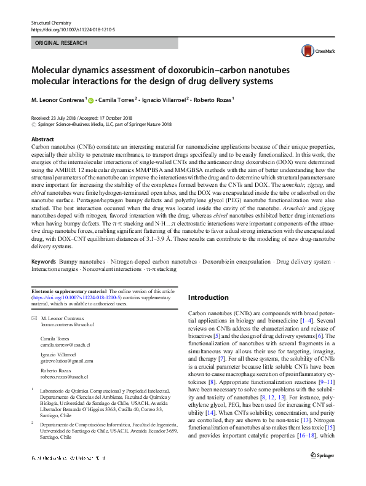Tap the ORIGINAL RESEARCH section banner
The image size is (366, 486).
61,43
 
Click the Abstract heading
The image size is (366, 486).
42,139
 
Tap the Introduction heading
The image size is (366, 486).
208,297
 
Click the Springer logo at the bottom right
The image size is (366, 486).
322,472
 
